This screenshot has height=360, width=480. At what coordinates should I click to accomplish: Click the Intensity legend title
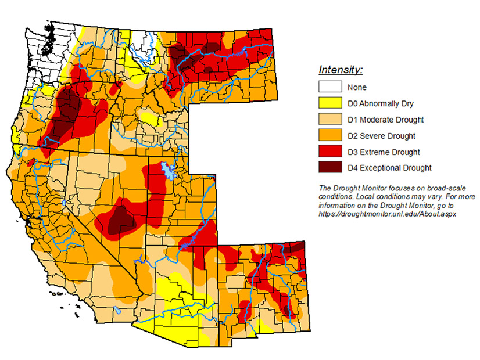[341, 70]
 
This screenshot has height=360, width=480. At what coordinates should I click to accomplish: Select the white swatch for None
[329, 87]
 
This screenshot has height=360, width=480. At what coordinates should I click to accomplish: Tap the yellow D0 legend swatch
[329, 103]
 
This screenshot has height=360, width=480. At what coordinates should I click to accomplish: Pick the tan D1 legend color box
[329, 120]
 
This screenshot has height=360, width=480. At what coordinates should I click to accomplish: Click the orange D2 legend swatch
[329, 136]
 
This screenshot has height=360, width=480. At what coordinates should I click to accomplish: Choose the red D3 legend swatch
[329, 152]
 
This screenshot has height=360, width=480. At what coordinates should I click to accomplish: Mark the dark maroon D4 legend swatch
[329, 168]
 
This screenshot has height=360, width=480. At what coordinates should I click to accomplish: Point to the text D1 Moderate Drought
[385, 120]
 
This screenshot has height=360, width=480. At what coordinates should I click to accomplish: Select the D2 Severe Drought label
[381, 136]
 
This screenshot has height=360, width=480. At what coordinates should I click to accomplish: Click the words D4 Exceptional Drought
[389, 168]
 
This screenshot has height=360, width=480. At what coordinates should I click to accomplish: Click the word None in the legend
[357, 87]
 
